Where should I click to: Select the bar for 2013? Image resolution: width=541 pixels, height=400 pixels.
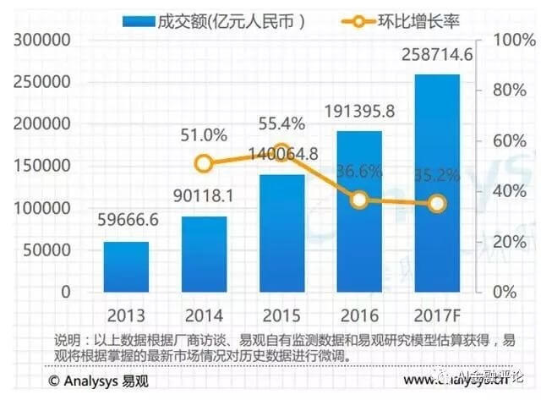[126, 266]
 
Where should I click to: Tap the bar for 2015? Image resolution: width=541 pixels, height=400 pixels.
[281, 233]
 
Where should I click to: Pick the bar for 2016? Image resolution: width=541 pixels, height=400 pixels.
[359, 211]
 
